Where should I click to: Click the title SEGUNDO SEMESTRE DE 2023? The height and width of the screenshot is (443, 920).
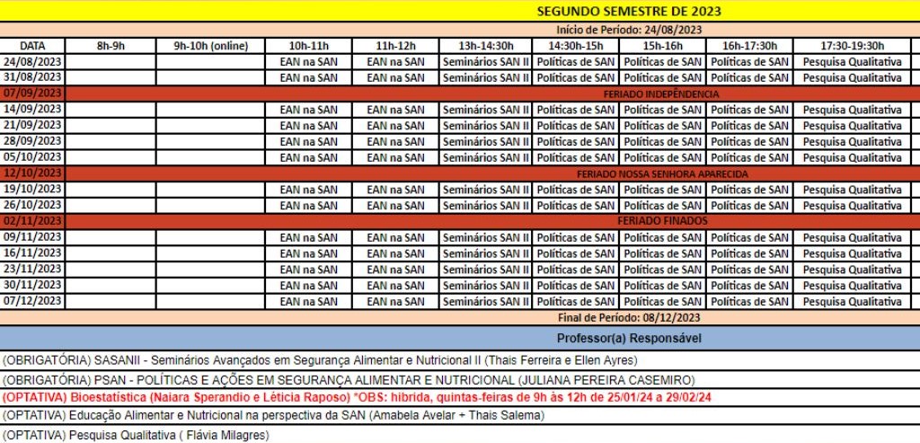pos(628,12)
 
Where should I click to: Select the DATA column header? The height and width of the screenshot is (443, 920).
pos(32,46)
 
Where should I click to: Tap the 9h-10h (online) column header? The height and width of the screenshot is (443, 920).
pos(210,46)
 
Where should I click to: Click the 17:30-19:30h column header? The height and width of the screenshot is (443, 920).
pos(852,46)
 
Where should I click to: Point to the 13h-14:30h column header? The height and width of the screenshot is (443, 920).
pos(486,46)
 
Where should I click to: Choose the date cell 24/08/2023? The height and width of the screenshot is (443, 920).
pos(32,62)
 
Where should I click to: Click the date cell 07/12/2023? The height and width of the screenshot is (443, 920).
pos(32,301)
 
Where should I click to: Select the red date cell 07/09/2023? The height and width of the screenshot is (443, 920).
pos(32,93)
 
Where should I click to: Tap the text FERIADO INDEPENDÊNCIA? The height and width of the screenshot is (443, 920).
pos(660,93)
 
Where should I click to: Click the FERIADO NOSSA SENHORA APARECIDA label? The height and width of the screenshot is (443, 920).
pos(662,173)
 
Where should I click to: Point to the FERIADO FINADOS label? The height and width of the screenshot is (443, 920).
pos(662,221)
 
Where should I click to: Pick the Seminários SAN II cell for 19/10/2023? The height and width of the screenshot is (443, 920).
pos(486,190)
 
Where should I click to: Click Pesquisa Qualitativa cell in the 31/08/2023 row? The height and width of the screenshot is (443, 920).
pos(852,77)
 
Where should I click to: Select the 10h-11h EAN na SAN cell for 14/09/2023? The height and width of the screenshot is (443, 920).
pos(309,110)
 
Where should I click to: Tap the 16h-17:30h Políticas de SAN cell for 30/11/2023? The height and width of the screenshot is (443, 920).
pos(749,286)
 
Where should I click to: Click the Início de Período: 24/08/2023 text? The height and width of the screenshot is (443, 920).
pos(628,30)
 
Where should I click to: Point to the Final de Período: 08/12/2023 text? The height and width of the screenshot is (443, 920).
pos(628,317)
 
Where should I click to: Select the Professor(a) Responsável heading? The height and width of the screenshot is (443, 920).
pos(628,339)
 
